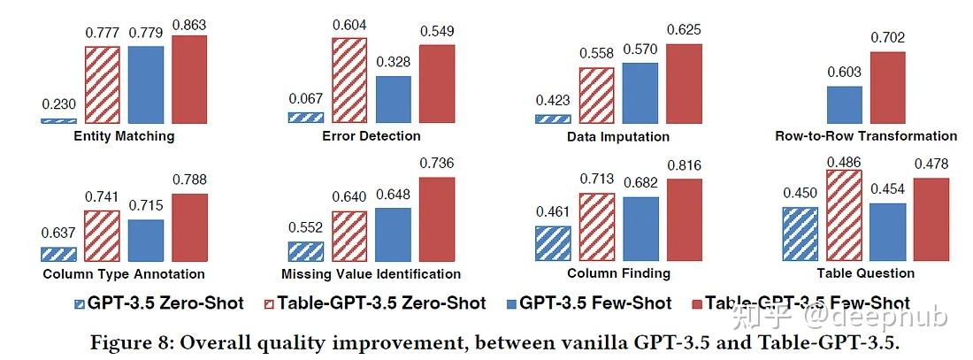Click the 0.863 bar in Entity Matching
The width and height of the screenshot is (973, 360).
pyautogui.click(x=188, y=80)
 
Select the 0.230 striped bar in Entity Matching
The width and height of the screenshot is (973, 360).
pyautogui.click(x=58, y=120)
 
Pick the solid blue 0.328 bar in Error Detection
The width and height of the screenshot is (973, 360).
pyautogui.click(x=393, y=99)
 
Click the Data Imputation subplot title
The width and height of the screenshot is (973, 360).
pyautogui.click(x=617, y=137)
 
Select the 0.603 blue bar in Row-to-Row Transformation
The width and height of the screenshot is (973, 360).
pyautogui.click(x=844, y=104)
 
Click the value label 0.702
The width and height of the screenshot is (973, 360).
pyautogui.click(x=887, y=38)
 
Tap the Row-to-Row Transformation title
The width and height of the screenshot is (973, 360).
pyautogui.click(x=865, y=136)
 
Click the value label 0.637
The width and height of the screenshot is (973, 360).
pyautogui.click(x=58, y=234)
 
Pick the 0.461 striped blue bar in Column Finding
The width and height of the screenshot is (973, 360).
pyautogui.click(x=553, y=242)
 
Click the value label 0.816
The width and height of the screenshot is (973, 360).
pyautogui.click(x=685, y=165)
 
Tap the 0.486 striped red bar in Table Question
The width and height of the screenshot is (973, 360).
pyautogui.click(x=844, y=215)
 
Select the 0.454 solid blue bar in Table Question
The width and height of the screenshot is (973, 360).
pyautogui.click(x=887, y=232)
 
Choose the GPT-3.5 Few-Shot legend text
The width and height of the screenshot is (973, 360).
pyautogui.click(x=595, y=303)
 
